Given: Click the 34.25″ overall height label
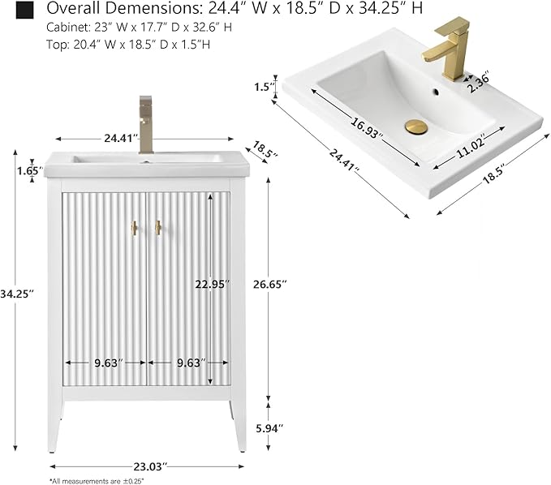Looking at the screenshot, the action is [17, 294].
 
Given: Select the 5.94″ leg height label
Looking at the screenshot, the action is [269, 428].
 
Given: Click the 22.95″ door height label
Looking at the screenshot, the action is [213, 284].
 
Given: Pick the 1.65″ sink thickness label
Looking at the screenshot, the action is [30, 171].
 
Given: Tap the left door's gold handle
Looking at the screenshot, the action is [134, 228].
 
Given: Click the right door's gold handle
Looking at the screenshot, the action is [158, 228].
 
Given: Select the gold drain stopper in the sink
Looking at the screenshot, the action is [416, 127].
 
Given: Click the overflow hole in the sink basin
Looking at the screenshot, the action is [436, 92].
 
